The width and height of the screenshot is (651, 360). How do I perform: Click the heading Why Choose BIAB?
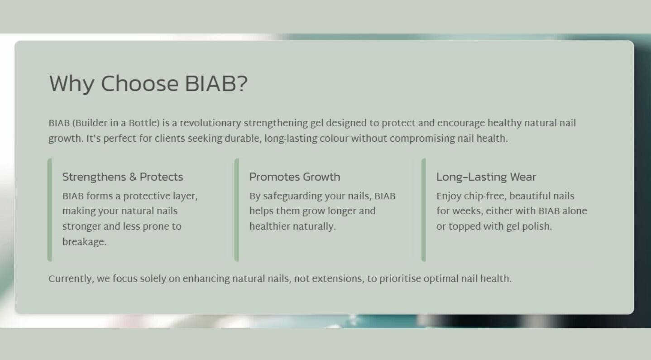click(x=148, y=84)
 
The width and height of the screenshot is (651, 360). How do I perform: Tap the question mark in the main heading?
click(x=242, y=84)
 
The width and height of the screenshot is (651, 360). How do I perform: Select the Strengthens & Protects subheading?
click(x=122, y=177)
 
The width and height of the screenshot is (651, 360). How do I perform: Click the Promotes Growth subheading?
click(x=294, y=177)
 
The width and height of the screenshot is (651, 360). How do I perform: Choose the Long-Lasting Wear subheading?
click(x=486, y=177)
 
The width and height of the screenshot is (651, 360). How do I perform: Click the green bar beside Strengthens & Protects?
click(x=49, y=210)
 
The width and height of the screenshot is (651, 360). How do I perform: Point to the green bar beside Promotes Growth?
click(x=236, y=210)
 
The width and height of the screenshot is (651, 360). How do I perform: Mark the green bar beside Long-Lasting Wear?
click(x=423, y=210)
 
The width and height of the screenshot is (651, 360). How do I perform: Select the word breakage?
click(x=84, y=242)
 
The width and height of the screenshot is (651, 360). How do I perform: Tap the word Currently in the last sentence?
click(x=71, y=278)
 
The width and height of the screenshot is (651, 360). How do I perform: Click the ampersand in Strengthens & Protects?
click(x=133, y=177)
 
